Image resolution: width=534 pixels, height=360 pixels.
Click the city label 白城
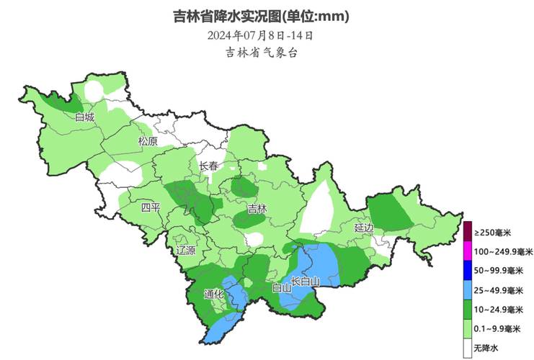(x=84, y=117)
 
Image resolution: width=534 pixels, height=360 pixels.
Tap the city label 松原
(x=148, y=142)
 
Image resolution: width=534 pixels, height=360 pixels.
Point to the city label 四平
(x=151, y=208)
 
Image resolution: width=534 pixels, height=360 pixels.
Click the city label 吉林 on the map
(x=257, y=210)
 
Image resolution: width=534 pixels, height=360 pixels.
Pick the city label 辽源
(x=186, y=251)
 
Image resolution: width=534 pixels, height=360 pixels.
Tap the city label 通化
(x=214, y=294)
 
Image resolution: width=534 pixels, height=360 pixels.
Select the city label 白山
(x=281, y=287)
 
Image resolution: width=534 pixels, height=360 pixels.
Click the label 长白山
(x=305, y=281)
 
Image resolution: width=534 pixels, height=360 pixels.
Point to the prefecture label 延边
(x=364, y=228)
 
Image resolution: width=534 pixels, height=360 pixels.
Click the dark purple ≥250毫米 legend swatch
(x=467, y=233)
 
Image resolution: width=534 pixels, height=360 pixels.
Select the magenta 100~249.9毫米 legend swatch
(x=467, y=252)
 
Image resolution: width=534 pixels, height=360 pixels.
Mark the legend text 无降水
(x=486, y=348)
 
